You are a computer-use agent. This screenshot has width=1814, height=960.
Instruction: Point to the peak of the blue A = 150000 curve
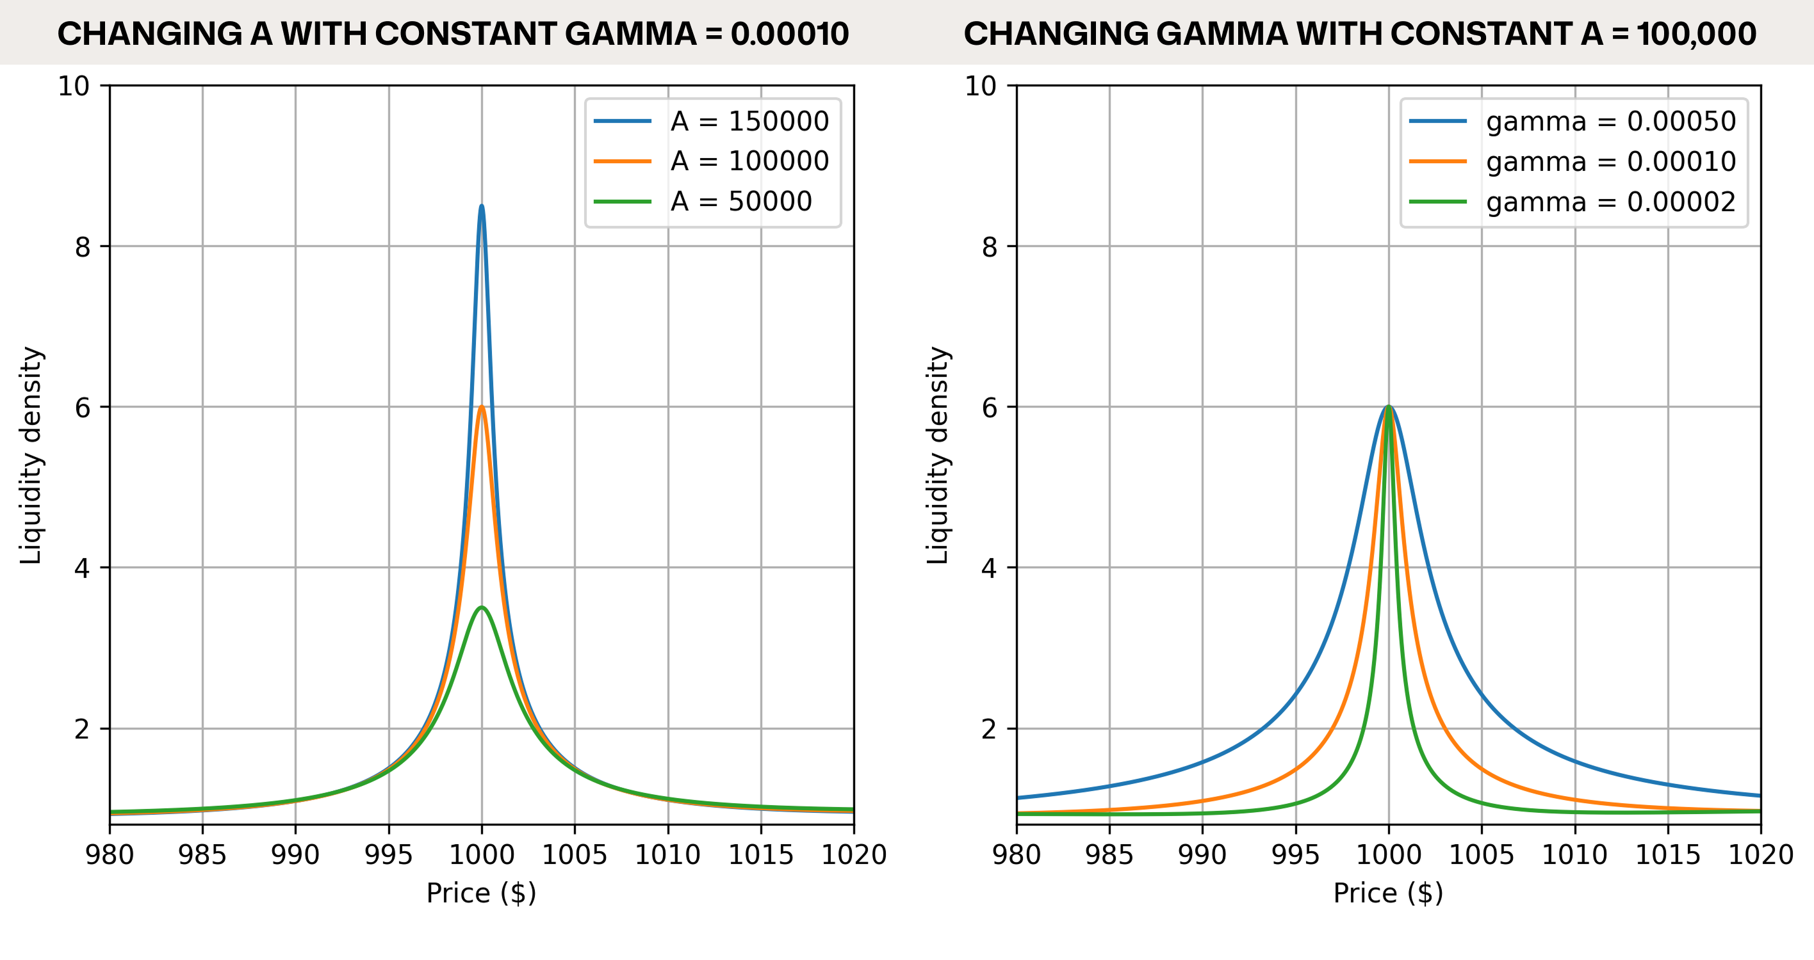coord(482,206)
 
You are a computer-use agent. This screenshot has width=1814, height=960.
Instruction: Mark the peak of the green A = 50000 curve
coord(482,607)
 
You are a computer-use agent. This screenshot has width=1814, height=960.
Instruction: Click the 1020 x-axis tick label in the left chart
coord(853,854)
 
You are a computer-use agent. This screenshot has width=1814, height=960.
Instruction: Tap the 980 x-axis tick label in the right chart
coord(1016,854)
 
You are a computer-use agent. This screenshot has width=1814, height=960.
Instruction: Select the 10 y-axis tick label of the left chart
coord(74,86)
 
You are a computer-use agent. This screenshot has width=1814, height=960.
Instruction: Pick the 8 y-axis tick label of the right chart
coord(990,246)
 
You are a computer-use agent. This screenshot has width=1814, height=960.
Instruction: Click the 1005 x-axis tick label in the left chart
coord(575,854)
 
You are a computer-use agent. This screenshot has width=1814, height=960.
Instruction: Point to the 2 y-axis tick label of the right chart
coord(990,728)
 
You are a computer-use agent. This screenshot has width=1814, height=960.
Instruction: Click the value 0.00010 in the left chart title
coord(789,34)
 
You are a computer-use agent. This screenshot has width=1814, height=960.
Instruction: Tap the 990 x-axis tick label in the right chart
coord(1202,854)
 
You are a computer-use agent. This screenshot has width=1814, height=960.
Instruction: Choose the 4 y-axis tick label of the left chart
coord(83,568)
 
